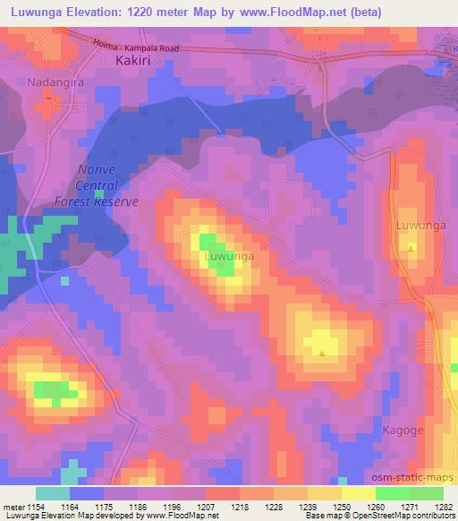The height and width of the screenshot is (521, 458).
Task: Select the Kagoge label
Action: click(x=401, y=431)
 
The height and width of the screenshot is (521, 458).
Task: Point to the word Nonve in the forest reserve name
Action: click(x=97, y=170)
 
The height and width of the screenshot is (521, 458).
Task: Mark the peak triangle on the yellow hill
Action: click(x=321, y=353)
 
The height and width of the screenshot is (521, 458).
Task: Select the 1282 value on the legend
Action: click(x=442, y=507)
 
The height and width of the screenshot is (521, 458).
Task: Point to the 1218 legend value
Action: click(x=240, y=507)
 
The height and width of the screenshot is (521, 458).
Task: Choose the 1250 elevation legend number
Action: click(x=341, y=507)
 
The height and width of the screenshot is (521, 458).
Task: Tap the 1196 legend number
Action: click(x=173, y=507)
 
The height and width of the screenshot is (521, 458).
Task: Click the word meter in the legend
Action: click(x=13, y=507)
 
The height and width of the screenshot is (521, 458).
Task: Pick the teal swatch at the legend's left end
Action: click(x=52, y=493)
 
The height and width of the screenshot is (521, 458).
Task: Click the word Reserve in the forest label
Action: click(x=116, y=201)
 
